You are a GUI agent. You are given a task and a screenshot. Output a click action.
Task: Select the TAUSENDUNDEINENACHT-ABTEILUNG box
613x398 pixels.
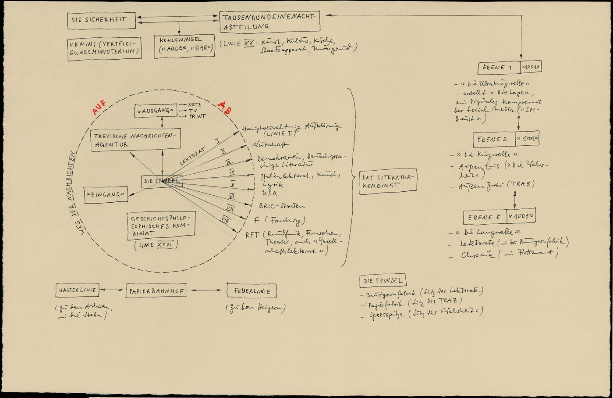click(269, 22)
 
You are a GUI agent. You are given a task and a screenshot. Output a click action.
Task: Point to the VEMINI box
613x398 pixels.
click(105, 48)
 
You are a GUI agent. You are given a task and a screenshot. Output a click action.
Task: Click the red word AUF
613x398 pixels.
click(99, 108)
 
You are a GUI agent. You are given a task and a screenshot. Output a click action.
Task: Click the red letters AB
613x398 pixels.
click(225, 108)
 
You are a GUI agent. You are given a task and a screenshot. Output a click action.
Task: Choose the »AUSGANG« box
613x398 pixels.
click(156, 111)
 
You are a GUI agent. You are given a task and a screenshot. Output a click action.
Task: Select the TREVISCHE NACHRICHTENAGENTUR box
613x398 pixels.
click(135, 140)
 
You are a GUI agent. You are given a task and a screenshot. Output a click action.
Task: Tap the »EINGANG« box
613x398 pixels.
click(106, 194)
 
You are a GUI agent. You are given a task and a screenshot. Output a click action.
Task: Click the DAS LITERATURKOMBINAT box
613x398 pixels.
click(388, 181)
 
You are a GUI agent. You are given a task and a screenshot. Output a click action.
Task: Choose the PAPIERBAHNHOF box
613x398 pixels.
click(156, 290)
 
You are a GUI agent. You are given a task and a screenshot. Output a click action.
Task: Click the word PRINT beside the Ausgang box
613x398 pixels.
click(198, 117)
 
